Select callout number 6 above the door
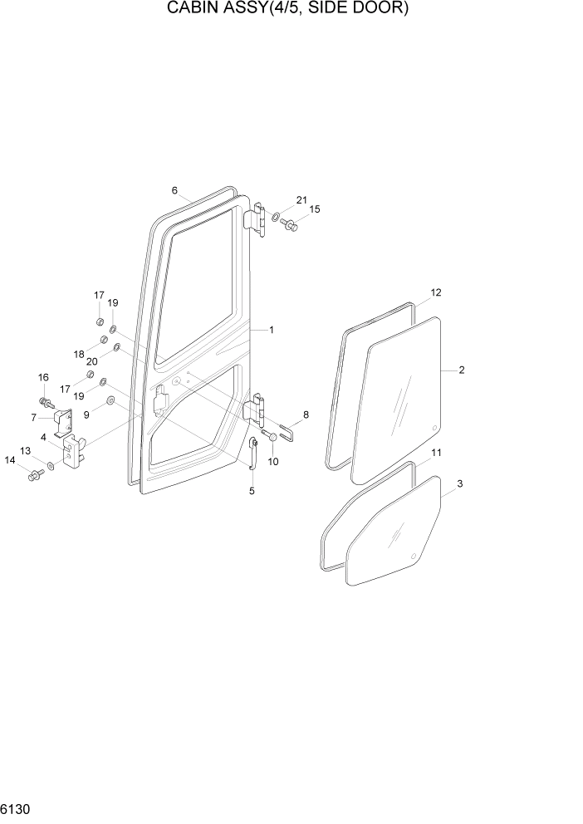point(175,190)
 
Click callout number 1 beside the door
point(271,330)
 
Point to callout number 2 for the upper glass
point(461,370)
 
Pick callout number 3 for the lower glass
point(459,483)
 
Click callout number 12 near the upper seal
point(436,292)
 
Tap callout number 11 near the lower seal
point(435,452)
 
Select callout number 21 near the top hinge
point(301,199)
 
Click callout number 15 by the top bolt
point(315,209)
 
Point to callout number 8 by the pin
point(306,414)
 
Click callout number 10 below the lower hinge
point(272,461)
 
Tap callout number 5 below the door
point(252,491)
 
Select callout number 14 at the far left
point(11,459)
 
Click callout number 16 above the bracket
point(43,378)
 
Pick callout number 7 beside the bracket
point(34,417)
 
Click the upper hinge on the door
point(258,220)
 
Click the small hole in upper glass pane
point(434,428)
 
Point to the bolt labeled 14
point(36,476)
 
